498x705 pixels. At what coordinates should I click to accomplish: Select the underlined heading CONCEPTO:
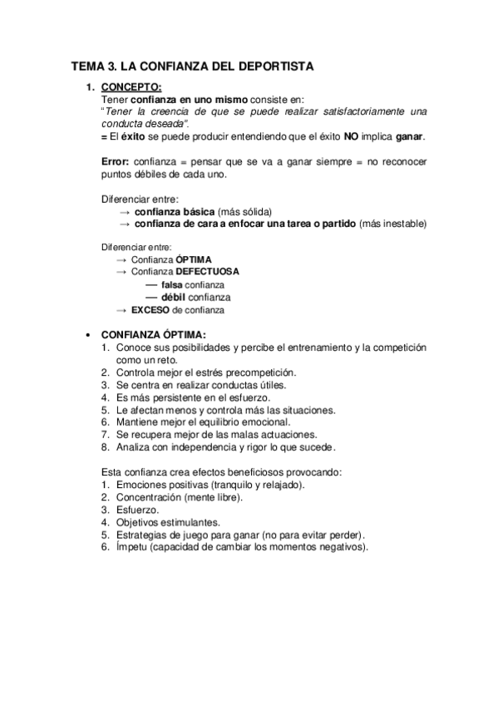(x=131, y=86)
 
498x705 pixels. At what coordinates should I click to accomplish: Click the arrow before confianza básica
(x=124, y=211)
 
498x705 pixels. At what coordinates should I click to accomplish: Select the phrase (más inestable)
(x=394, y=224)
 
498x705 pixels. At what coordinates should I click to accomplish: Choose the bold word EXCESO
(x=150, y=309)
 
